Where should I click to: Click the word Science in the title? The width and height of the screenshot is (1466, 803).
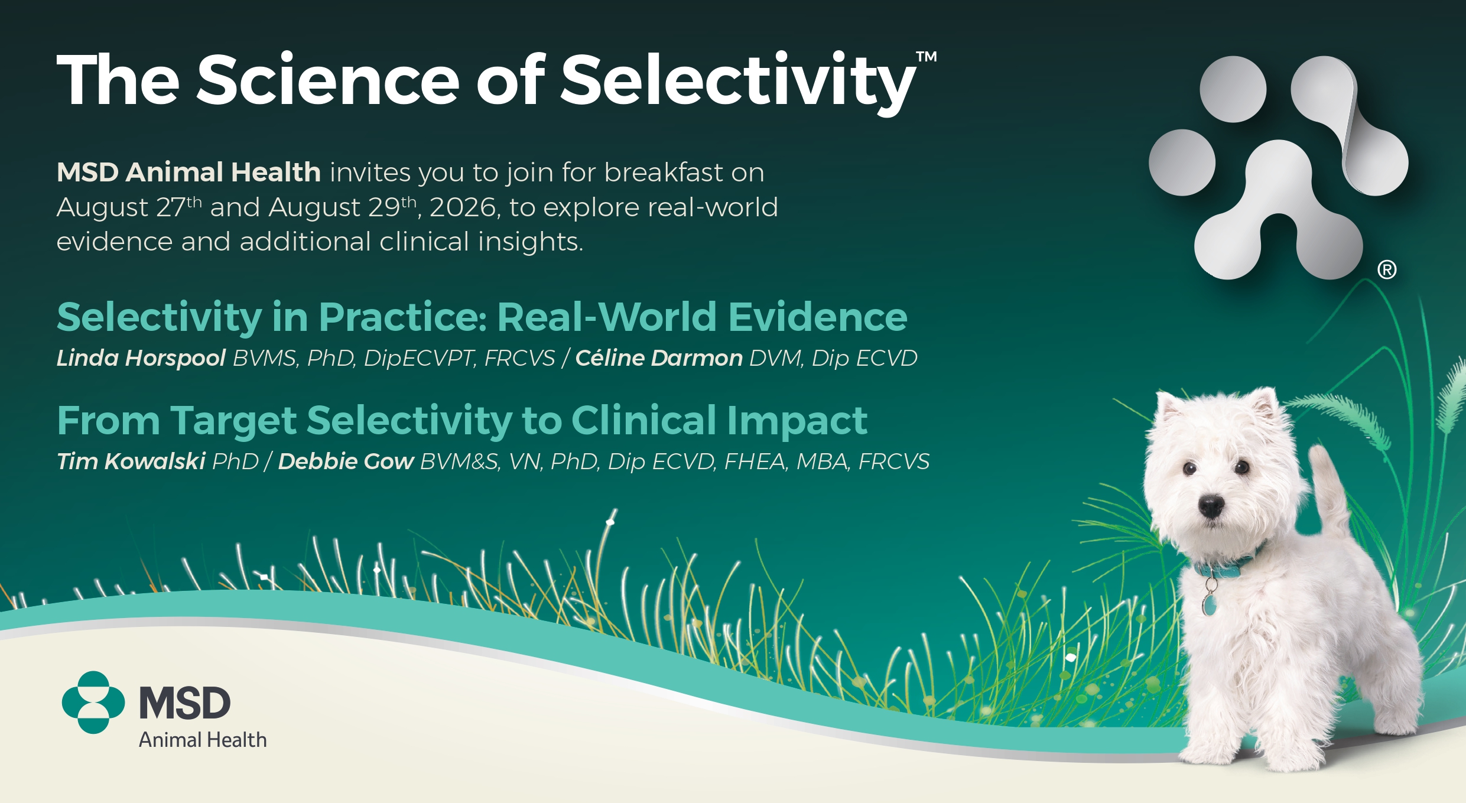(x=328, y=80)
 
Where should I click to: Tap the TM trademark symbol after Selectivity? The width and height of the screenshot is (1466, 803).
(x=927, y=57)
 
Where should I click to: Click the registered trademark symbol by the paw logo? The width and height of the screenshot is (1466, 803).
(x=1387, y=270)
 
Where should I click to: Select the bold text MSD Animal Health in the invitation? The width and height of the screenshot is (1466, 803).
(x=188, y=173)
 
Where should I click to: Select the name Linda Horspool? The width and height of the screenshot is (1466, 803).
(x=141, y=358)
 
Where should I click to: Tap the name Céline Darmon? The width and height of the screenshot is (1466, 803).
(x=659, y=358)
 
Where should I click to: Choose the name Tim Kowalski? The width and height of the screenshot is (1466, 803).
(x=131, y=461)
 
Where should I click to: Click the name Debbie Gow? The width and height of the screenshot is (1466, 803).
(x=346, y=461)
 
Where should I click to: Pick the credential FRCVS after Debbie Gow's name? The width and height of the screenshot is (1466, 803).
(x=894, y=461)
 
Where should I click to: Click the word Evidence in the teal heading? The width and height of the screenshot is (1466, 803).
(x=818, y=317)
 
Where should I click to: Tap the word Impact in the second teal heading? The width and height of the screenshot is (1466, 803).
(x=797, y=421)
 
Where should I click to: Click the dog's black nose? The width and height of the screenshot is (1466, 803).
(x=1211, y=506)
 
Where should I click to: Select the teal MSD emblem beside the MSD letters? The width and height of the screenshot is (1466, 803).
(x=93, y=703)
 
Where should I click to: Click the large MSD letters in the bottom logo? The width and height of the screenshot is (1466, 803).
(x=184, y=703)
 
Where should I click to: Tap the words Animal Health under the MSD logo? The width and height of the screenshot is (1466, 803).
(x=203, y=740)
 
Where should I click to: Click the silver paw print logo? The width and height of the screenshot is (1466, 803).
(x=1278, y=168)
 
